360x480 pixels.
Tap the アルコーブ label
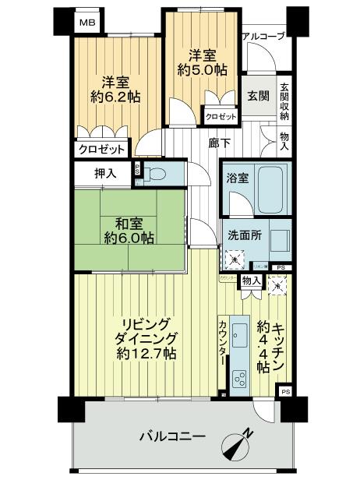263,36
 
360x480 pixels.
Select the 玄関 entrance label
258,96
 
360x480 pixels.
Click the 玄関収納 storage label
284,101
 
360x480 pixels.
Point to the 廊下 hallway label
219,143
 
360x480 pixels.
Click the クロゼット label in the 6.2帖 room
101,150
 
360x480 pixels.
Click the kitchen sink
239,337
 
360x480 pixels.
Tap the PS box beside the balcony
285,391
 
